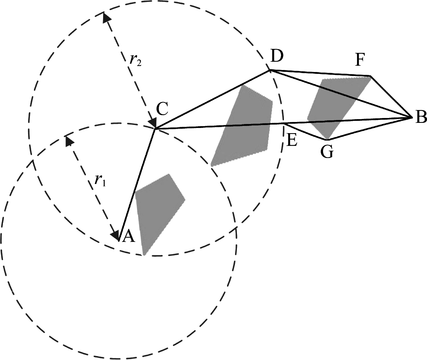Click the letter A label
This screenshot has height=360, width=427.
coord(129,237)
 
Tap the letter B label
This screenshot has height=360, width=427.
coord(421,117)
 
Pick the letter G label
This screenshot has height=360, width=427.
coord(327,153)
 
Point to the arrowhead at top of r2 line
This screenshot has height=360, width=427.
coord(106,18)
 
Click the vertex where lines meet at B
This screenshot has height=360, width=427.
coord(412,117)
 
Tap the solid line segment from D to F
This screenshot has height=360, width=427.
coord(320,73)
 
